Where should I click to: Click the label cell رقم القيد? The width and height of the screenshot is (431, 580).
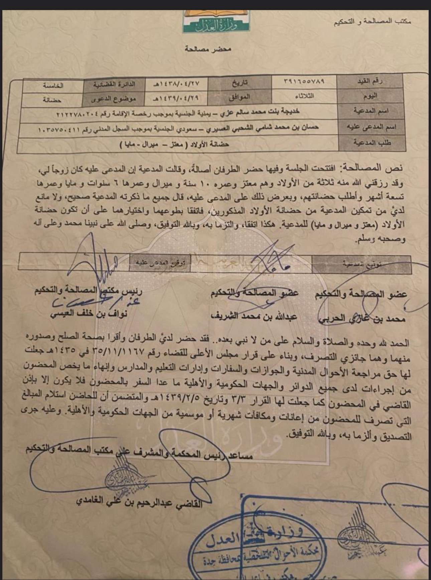point(371,82)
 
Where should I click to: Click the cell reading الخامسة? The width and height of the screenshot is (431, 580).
point(53,85)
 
